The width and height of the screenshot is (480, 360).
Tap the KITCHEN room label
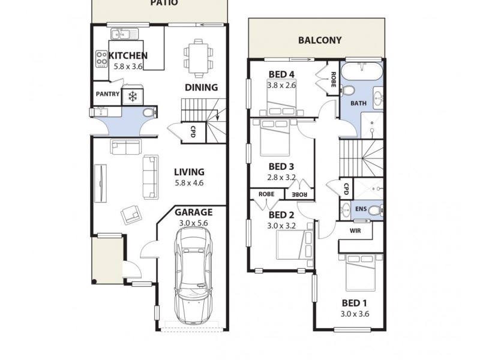tap(128, 56)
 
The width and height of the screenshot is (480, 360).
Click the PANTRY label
tap(107, 94)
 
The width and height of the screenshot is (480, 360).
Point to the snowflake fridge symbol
tap(132, 97)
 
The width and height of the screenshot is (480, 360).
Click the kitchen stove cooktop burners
tap(101, 58)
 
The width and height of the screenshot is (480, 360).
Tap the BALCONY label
tap(320, 41)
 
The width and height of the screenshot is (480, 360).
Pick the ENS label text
tap(361, 209)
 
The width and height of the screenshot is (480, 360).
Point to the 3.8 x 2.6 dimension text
tap(282, 85)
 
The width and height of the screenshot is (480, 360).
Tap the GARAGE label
tap(193, 212)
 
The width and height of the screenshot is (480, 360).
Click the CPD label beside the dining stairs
tap(193, 131)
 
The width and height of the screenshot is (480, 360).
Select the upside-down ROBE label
tap(299, 194)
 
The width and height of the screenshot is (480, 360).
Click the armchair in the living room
tap(130, 214)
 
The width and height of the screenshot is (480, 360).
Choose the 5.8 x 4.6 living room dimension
tap(188, 183)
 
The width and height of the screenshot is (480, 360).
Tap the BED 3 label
tap(281, 166)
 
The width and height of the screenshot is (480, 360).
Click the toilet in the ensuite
tap(374, 210)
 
